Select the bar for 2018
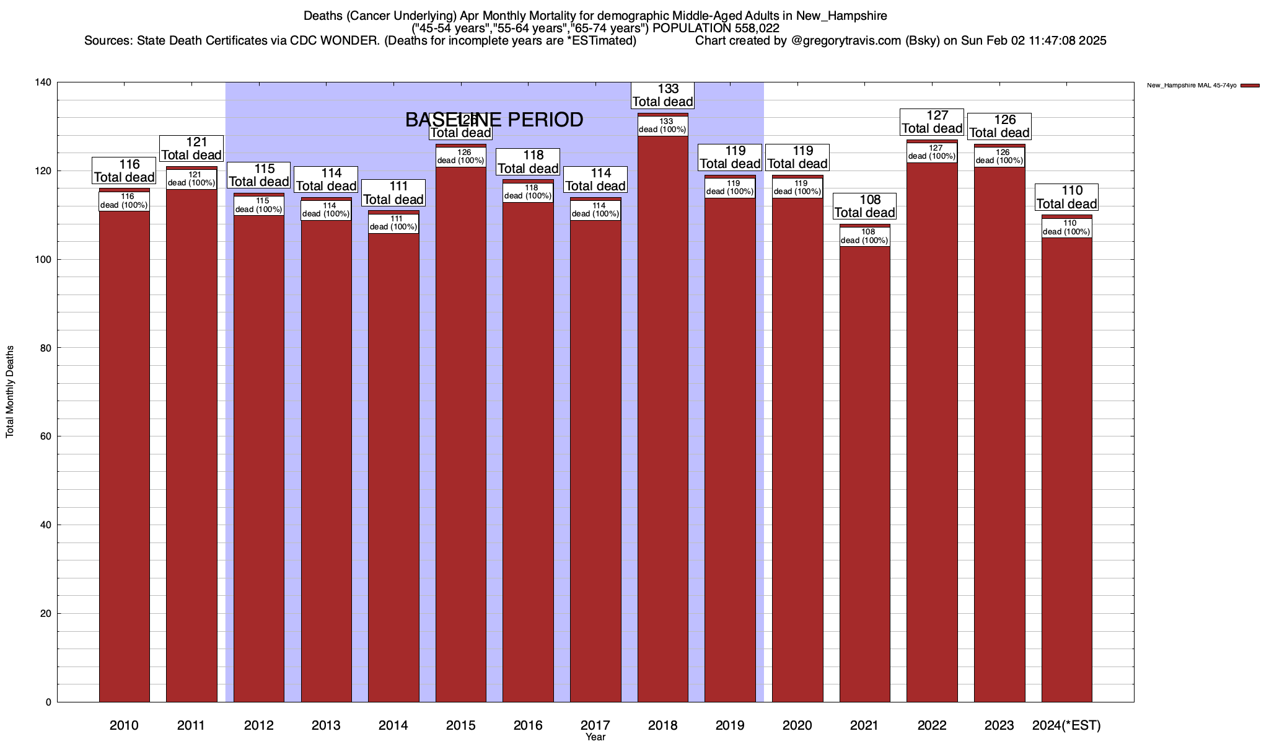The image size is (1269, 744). [x=662, y=409]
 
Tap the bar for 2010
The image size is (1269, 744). [x=124, y=446]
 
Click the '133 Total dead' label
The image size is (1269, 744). [x=662, y=95]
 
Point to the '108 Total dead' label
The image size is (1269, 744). [x=864, y=206]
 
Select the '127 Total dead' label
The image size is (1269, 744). [x=932, y=122]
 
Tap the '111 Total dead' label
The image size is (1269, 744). [x=393, y=193]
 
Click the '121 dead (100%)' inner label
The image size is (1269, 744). [x=191, y=179]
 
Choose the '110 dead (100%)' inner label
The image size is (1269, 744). [x=1066, y=228]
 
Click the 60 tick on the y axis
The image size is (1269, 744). [x=46, y=436]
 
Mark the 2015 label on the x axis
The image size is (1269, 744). [x=460, y=725]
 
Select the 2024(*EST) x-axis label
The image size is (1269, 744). [x=1066, y=725]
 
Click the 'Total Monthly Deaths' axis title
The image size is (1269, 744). [x=10, y=392]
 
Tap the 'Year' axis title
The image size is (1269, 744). [x=595, y=737]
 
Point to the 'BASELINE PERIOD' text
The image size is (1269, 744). [x=494, y=120]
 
